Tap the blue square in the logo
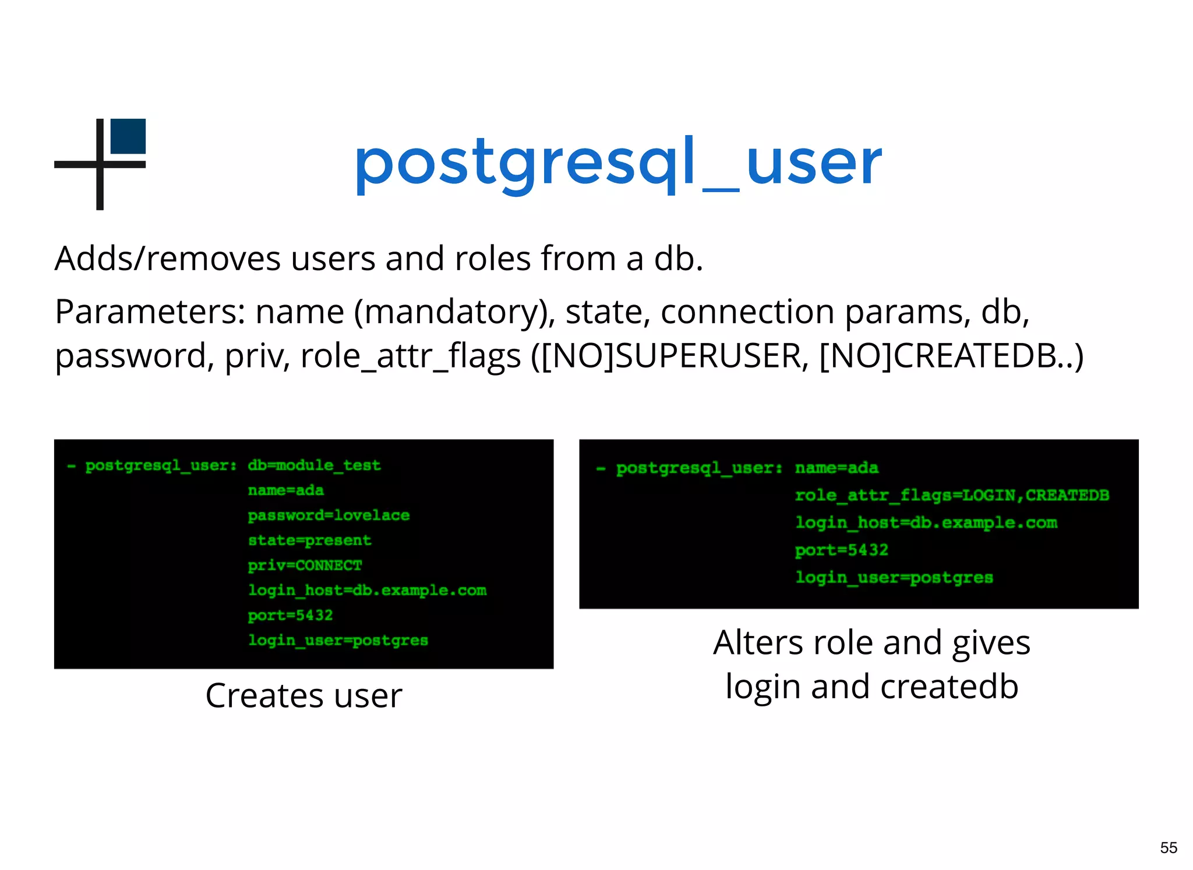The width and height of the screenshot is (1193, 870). click(128, 136)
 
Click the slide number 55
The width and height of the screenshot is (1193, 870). click(1168, 847)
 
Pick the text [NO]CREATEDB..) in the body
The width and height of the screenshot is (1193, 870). click(951, 356)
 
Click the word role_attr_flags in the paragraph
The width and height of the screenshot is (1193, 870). click(410, 356)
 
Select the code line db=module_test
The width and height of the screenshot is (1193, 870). click(314, 465)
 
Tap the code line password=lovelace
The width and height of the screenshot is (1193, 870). click(329, 515)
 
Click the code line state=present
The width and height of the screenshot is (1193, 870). click(309, 540)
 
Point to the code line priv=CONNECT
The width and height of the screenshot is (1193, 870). click(305, 565)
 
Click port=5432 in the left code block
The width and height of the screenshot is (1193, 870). click(290, 616)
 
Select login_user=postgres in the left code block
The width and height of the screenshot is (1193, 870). click(338, 641)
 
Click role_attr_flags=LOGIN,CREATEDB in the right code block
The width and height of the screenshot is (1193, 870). click(952, 496)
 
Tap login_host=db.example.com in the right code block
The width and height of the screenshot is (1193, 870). click(926, 523)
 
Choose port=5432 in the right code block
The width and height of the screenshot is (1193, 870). click(842, 550)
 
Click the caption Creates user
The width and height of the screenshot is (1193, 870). click(303, 696)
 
